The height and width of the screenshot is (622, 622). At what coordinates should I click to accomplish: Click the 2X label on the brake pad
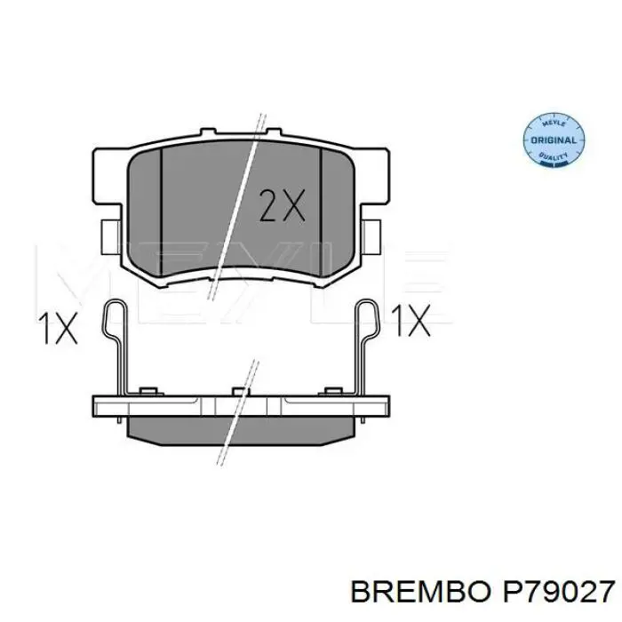[281, 205]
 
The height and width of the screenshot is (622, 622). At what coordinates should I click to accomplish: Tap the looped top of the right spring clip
[368, 311]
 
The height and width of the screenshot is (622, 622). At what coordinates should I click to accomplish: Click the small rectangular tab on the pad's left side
[108, 235]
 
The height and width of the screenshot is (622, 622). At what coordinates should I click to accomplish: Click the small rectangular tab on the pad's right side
[372, 235]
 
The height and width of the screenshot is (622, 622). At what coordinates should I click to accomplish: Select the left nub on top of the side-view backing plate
[148, 391]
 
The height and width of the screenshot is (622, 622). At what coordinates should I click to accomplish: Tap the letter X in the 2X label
[293, 205]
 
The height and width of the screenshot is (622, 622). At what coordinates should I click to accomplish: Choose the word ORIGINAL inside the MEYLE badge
[552, 140]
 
